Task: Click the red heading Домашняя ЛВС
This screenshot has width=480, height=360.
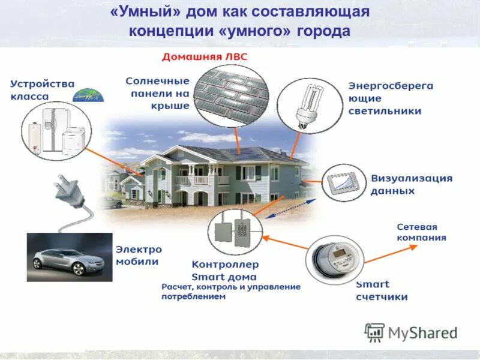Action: pyautogui.click(x=205, y=57)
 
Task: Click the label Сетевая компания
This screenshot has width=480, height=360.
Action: pyautogui.click(x=421, y=232)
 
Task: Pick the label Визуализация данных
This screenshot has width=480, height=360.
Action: pyautogui.click(x=411, y=184)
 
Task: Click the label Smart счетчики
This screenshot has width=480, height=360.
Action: pyautogui.click(x=381, y=290)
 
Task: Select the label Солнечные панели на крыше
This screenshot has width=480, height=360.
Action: pyautogui.click(x=158, y=93)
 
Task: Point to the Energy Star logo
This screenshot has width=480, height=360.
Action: pyautogui.click(x=88, y=95)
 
